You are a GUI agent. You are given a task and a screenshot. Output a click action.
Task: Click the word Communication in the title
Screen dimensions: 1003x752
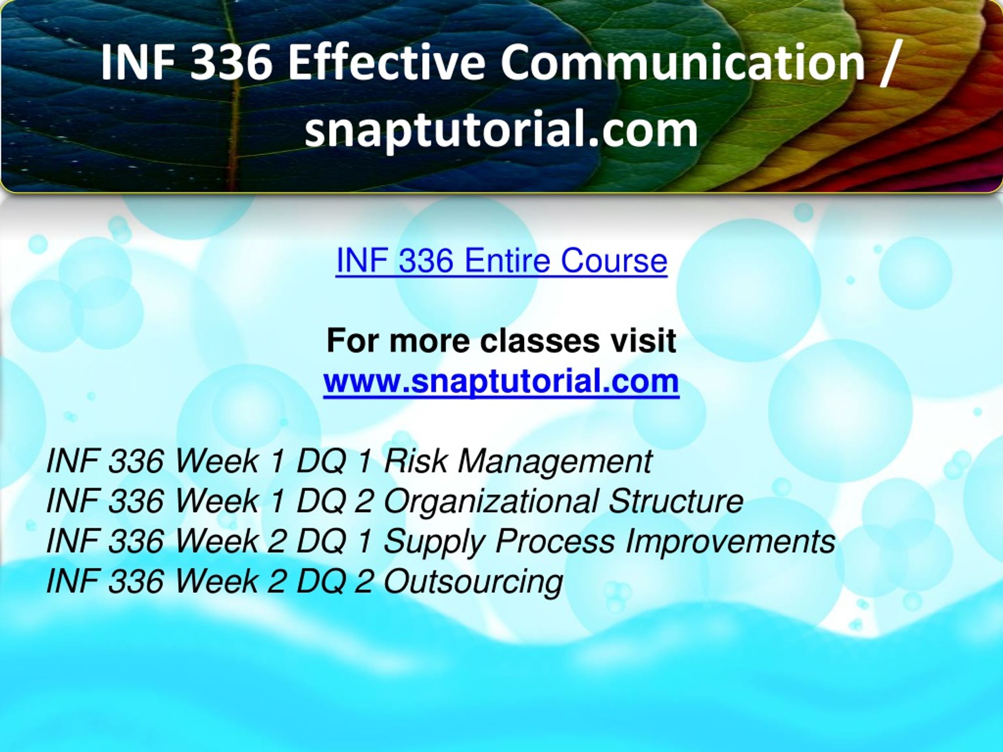pyautogui.click(x=683, y=63)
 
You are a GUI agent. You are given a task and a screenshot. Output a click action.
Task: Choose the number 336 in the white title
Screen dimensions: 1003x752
pyautogui.click(x=231, y=63)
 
